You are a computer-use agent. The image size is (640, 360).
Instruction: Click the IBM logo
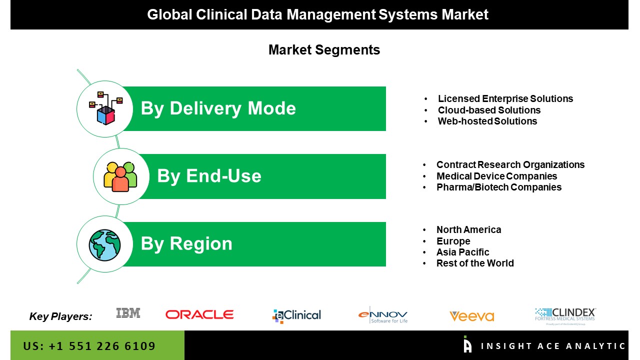coord(128,313)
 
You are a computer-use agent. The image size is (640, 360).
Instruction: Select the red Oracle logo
coord(199,314)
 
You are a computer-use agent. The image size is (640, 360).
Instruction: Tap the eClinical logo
coord(296,316)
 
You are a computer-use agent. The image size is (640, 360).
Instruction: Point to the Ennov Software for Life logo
coord(383,315)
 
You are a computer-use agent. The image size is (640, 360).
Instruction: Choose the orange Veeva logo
coord(471,316)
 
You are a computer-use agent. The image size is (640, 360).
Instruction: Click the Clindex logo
coord(565,316)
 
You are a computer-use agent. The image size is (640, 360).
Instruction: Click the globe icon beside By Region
coord(104,245)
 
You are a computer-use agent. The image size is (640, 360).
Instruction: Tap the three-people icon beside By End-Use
coord(120,176)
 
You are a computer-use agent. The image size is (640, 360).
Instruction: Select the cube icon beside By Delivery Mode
coord(105,108)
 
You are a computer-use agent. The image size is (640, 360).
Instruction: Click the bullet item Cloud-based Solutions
coord(489,110)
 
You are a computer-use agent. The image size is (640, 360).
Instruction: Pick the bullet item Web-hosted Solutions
coord(487,121)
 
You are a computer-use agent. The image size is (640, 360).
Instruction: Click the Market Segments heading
coord(324,50)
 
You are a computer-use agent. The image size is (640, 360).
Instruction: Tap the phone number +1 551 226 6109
coord(101,346)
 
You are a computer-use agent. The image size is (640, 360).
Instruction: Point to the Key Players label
coord(60,316)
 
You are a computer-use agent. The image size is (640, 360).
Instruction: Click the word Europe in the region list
coord(453,241)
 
